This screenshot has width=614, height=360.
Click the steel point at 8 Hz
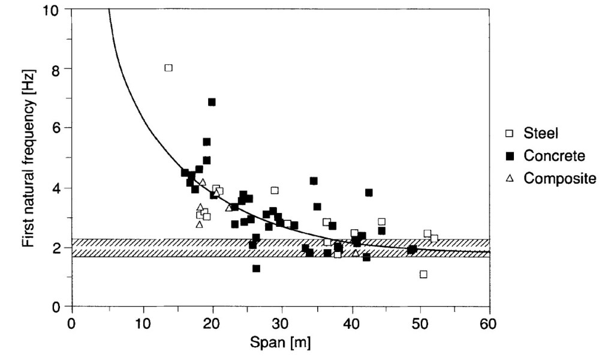168,68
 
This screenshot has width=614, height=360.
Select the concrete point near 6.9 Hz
212,102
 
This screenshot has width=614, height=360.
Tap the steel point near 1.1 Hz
423,274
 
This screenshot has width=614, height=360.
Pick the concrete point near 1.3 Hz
256,268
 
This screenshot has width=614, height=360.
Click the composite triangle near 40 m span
356,253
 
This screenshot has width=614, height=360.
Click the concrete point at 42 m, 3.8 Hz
369,193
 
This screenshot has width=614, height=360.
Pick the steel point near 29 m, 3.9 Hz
275,190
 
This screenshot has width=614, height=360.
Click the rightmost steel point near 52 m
434,238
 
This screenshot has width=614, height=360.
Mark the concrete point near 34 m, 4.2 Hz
314,181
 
